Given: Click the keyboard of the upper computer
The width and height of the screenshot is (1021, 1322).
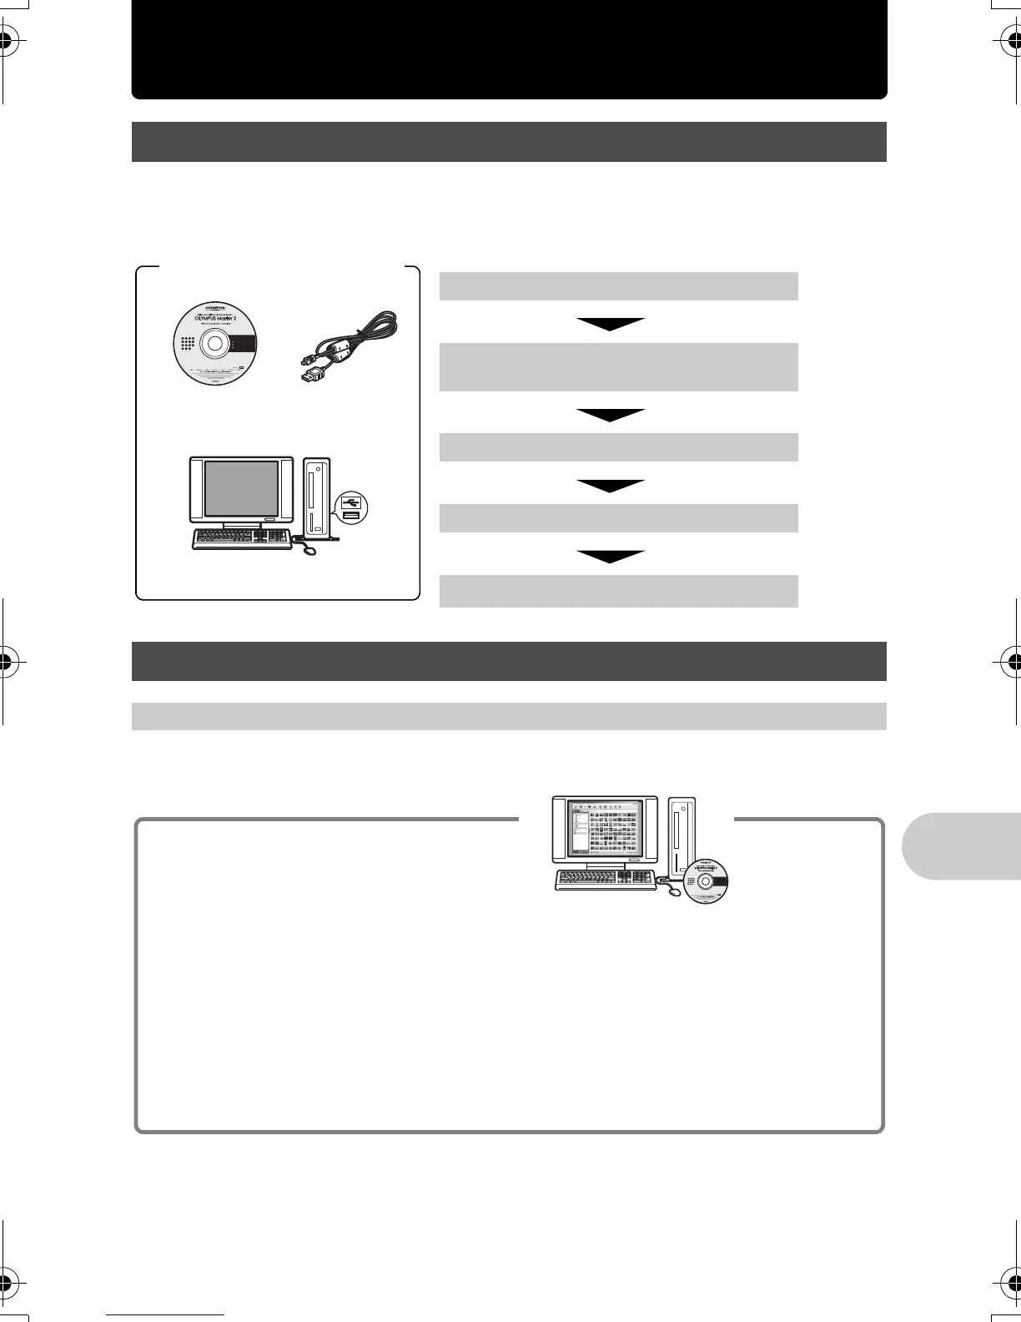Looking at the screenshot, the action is click(242, 539).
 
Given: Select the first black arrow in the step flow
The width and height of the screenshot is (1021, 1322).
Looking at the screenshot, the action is click(610, 324).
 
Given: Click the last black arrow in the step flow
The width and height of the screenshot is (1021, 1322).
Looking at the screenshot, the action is click(610, 557).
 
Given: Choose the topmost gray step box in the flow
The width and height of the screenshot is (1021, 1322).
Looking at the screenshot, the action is click(618, 285).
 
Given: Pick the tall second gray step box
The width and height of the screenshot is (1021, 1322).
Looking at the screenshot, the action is click(618, 366).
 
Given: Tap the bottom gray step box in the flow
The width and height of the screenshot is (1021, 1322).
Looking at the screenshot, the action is click(618, 591).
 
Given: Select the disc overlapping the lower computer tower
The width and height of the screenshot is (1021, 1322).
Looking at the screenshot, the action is click(706, 881).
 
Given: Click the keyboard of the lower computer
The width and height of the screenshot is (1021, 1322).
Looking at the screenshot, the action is click(605, 880).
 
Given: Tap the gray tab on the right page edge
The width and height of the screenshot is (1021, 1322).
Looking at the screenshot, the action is click(962, 845).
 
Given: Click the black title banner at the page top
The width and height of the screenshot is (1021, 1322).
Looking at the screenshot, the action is click(509, 49).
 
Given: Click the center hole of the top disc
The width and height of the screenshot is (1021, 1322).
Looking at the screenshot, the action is click(214, 343).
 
